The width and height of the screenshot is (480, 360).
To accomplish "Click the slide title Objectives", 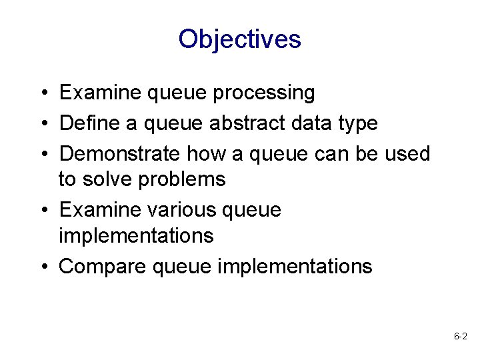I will (x=240, y=39).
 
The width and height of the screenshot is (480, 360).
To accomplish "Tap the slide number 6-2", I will (x=460, y=337).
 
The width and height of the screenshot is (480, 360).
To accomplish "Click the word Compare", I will (x=103, y=267).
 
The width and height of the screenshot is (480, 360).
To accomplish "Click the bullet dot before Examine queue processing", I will (x=42, y=93).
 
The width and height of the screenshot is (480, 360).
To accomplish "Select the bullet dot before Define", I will (x=42, y=123).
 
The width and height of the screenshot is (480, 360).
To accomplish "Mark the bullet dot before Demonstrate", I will (x=42, y=153).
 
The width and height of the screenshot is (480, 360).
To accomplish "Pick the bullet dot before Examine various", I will (x=42, y=210).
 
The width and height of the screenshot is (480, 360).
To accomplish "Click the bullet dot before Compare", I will (x=42, y=267).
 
